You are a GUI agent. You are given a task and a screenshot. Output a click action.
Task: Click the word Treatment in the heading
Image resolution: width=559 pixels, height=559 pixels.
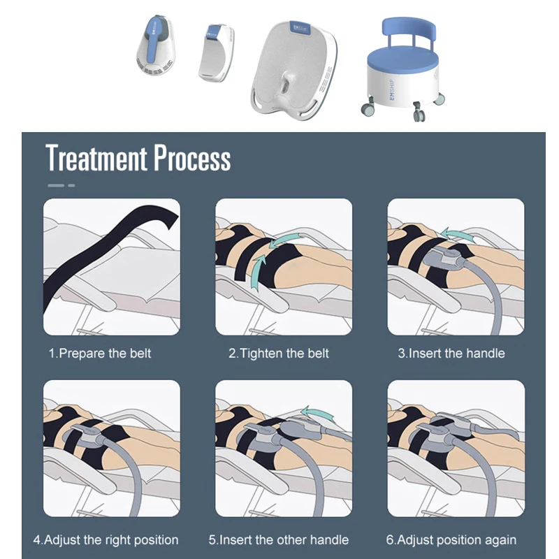tap(96, 159)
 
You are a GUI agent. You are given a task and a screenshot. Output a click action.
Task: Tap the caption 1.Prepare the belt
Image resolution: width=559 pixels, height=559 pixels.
tap(100, 353)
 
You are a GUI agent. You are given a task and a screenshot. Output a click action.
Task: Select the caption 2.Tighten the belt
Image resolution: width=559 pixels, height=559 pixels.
tap(279, 353)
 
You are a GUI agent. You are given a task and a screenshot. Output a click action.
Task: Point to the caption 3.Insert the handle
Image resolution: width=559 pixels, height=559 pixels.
tap(451, 353)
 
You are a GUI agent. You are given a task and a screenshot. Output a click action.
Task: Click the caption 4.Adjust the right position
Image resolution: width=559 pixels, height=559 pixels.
tap(106, 539)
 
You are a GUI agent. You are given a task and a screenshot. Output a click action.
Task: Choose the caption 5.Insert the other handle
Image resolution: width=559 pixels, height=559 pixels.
tap(279, 539)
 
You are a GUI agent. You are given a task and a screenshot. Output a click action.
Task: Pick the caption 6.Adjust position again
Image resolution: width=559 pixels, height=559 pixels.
tap(451, 539)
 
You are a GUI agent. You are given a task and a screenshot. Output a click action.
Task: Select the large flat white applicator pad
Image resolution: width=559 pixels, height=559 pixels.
tap(292, 66)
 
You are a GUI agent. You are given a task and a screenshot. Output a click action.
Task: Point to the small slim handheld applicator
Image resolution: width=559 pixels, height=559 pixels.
tap(215, 52)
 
